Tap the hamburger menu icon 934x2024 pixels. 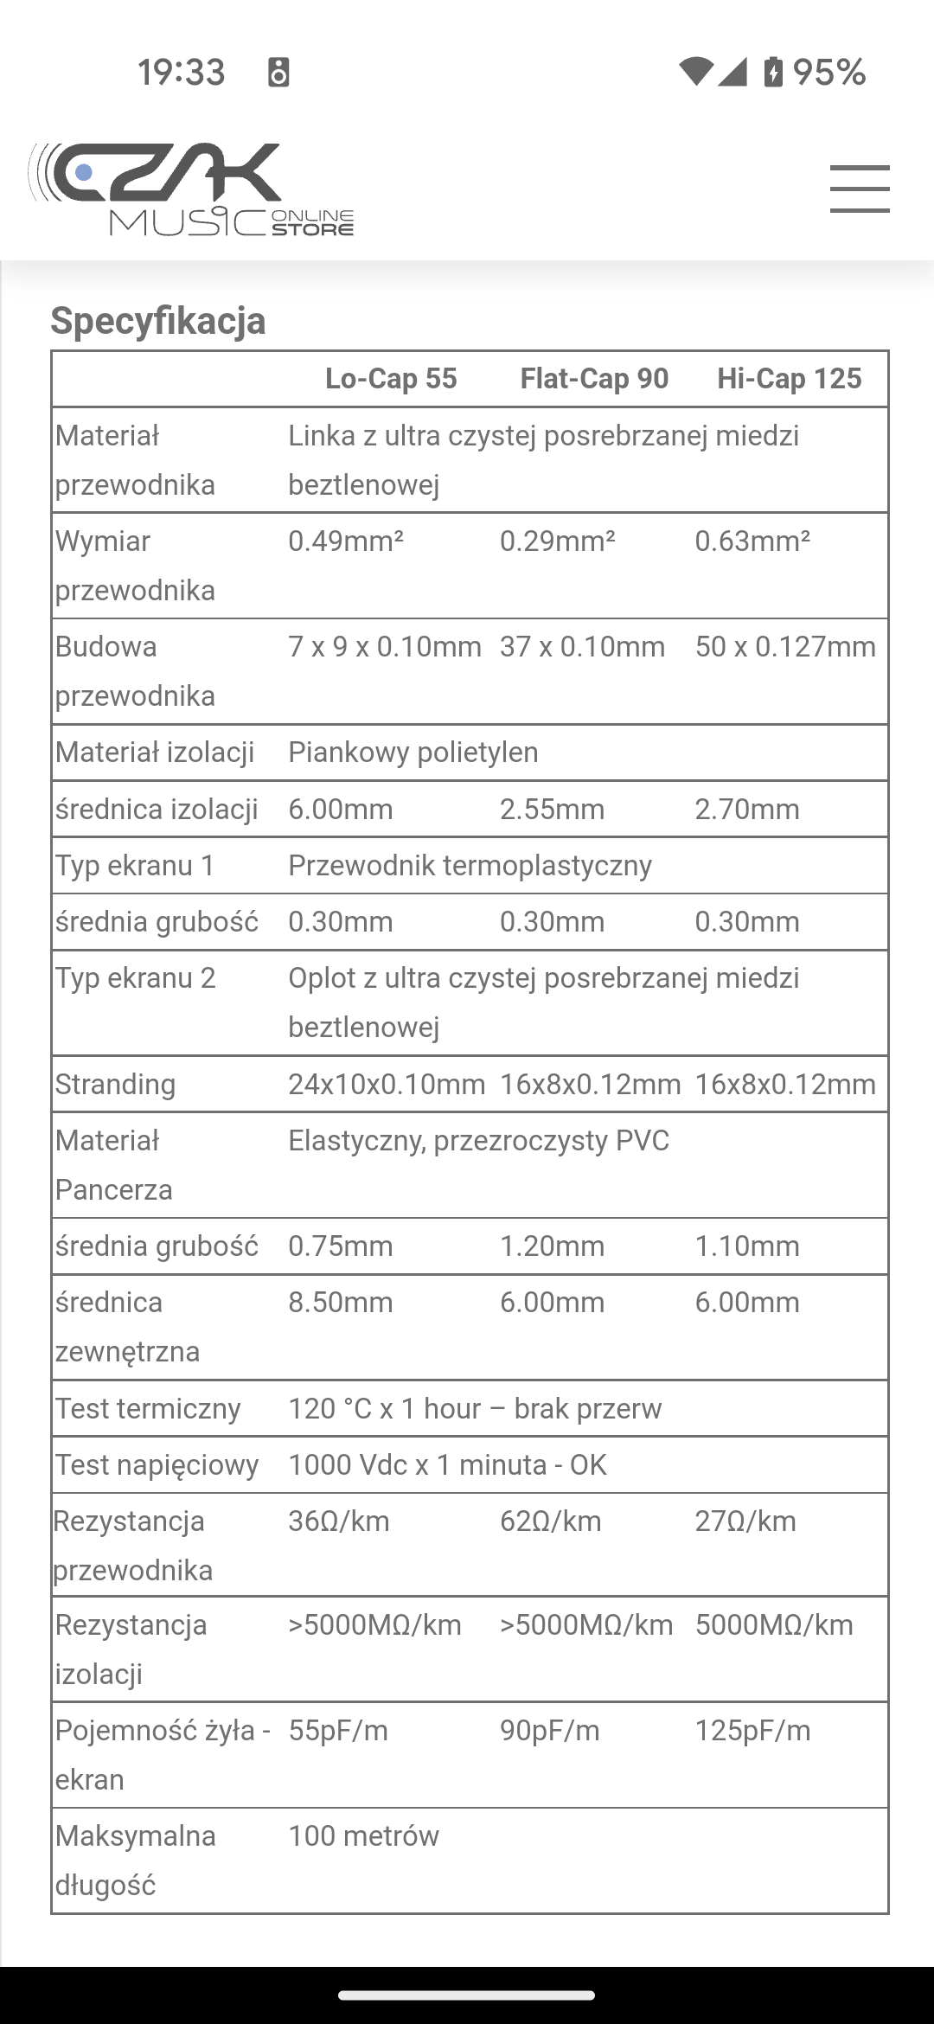point(860,189)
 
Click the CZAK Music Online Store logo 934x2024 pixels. point(191,189)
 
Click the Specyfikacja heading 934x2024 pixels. point(158,321)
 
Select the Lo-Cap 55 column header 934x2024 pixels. point(391,379)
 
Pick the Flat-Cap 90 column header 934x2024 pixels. point(594,379)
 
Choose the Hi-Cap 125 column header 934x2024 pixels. point(790,379)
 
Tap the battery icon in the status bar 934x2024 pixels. point(773,72)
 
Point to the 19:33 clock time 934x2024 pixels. point(182,72)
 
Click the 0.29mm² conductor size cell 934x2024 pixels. point(558,541)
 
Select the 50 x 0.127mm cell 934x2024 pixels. point(785,647)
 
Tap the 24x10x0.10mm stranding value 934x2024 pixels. point(387,1085)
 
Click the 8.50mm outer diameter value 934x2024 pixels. point(341,1303)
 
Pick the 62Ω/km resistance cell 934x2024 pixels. point(551,1521)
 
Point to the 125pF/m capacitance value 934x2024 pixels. point(753,1731)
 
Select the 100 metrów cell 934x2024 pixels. point(364,1836)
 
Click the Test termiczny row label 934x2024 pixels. point(148,1409)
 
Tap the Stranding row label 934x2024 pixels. point(116,1085)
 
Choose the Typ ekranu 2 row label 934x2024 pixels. point(136,978)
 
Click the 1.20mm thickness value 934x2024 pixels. point(552,1246)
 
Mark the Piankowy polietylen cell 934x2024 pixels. point(413,753)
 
